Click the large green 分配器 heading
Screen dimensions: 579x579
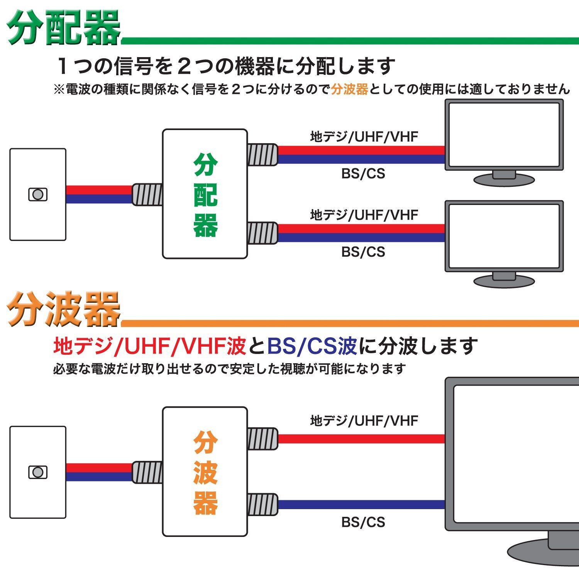point(64,28)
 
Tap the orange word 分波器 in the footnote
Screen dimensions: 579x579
point(349,90)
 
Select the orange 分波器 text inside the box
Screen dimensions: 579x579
point(205,473)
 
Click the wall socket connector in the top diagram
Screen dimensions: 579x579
point(38,195)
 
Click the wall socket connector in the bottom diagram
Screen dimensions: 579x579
point(38,472)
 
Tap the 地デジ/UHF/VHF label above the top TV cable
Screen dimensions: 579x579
point(364,137)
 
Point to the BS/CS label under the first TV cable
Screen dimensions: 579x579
point(363,174)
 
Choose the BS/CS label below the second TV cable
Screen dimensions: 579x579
point(363,252)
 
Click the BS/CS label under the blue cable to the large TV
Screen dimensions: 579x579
point(363,522)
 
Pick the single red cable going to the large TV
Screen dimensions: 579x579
point(361,439)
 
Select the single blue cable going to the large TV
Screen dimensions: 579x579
point(361,505)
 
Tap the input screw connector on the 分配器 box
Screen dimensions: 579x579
point(147,195)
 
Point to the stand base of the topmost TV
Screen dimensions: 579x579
point(504,179)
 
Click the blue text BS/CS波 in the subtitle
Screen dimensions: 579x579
point(312,346)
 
